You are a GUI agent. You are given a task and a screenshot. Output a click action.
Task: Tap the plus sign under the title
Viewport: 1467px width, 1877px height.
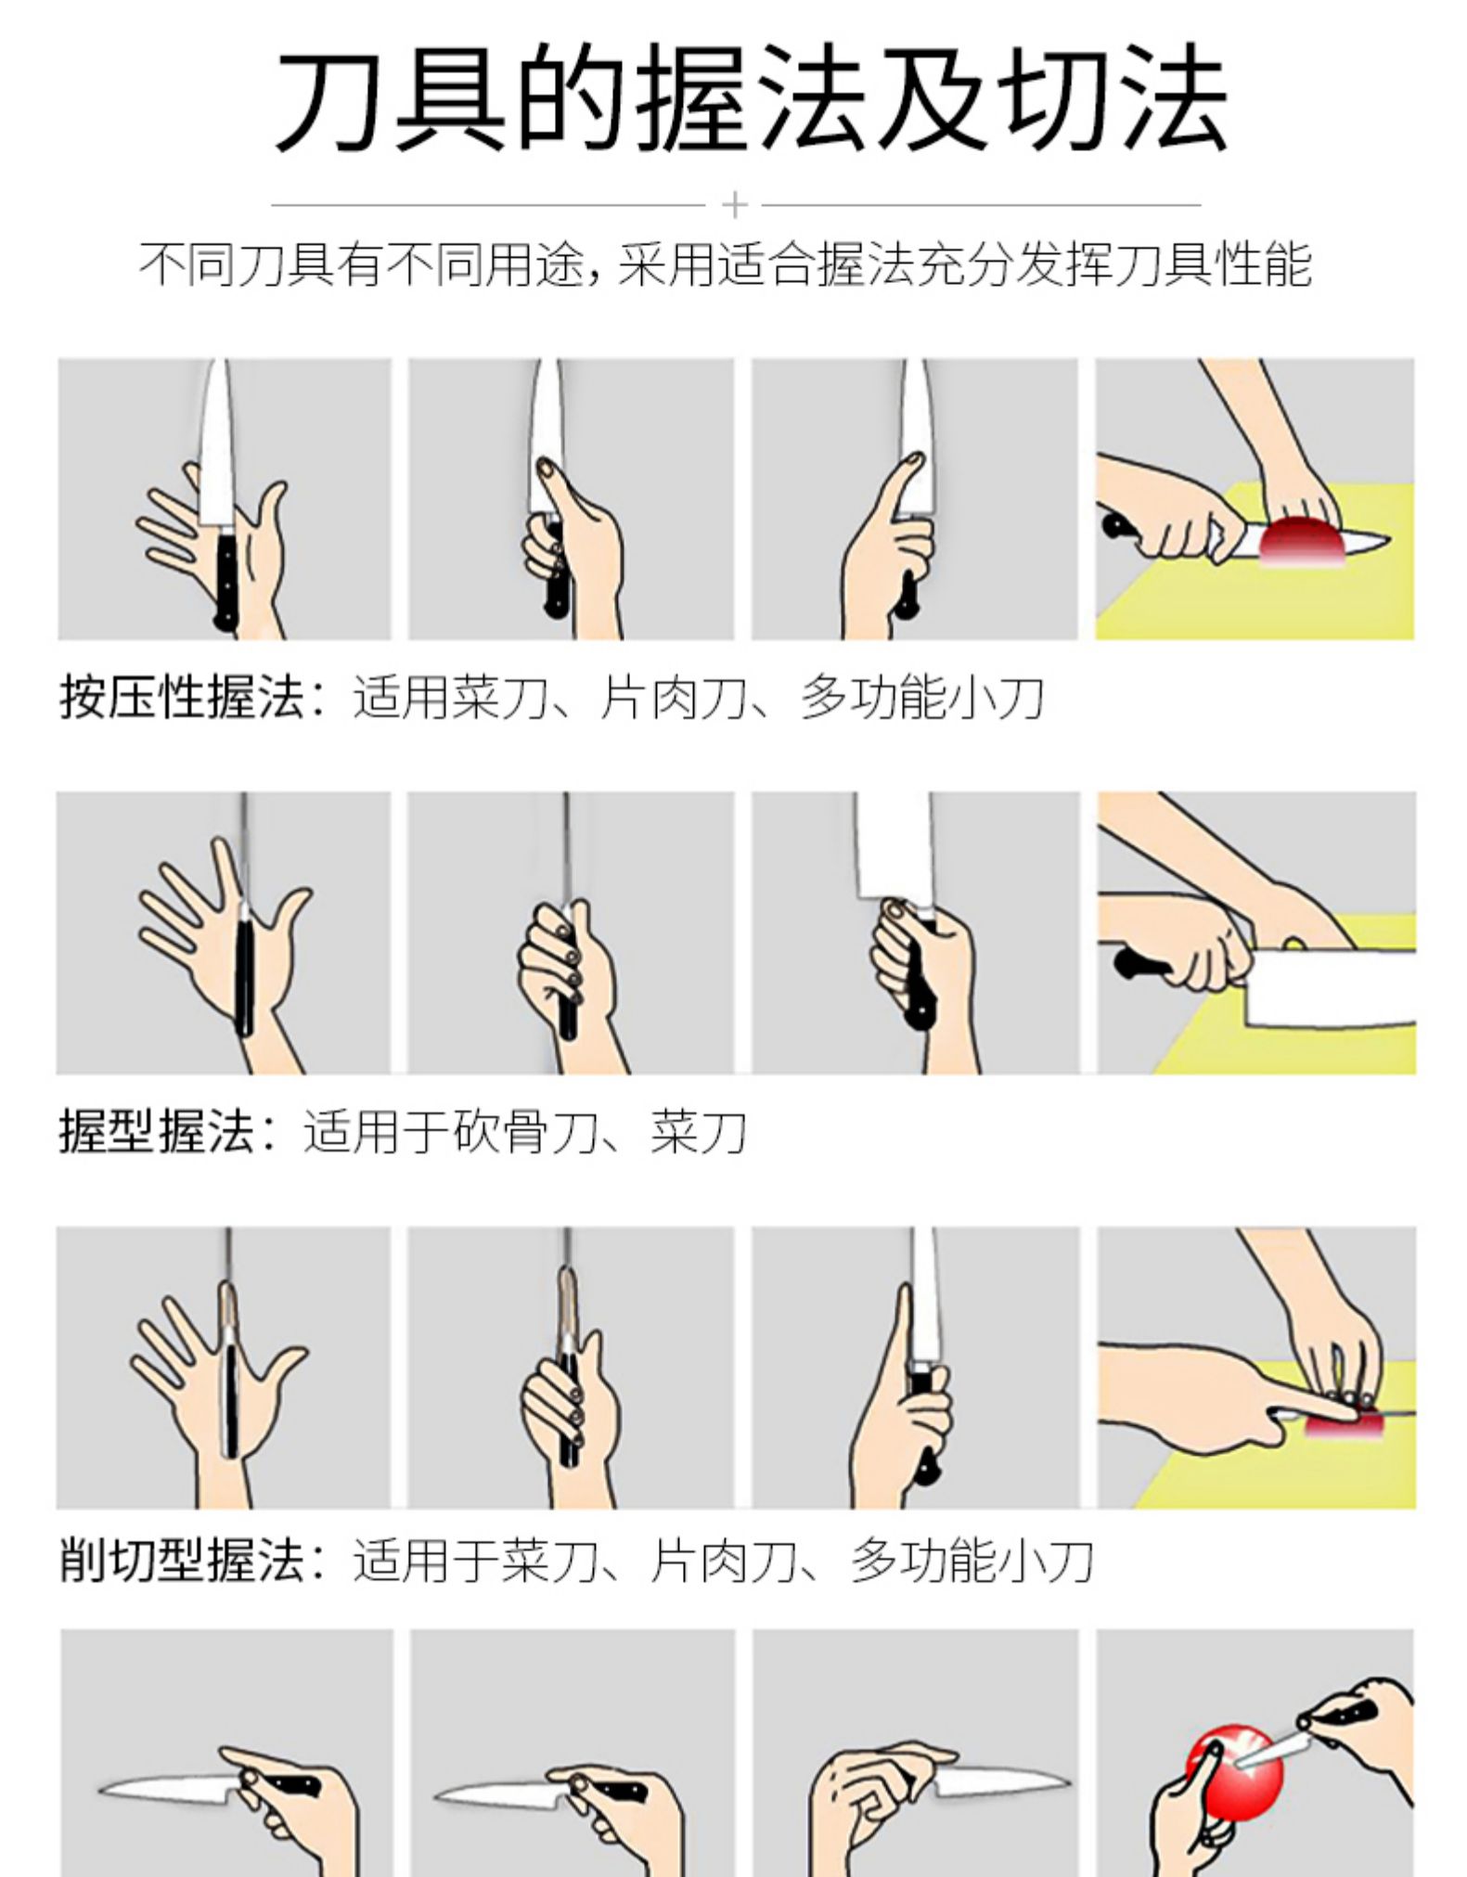(x=734, y=204)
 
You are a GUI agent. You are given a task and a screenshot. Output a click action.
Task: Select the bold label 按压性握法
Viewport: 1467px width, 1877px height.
(x=182, y=697)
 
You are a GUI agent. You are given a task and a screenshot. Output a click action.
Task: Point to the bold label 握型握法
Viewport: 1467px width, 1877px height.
(x=157, y=1131)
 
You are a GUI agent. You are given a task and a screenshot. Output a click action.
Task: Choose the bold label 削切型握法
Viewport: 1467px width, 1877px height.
(x=182, y=1560)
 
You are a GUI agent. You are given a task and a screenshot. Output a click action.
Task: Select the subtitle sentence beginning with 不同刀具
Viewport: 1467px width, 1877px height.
(x=725, y=264)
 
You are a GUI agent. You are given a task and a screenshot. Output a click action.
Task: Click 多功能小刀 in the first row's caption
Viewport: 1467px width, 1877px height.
(x=922, y=697)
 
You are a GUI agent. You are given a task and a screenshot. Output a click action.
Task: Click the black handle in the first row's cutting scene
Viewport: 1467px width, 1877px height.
(x=1119, y=524)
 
